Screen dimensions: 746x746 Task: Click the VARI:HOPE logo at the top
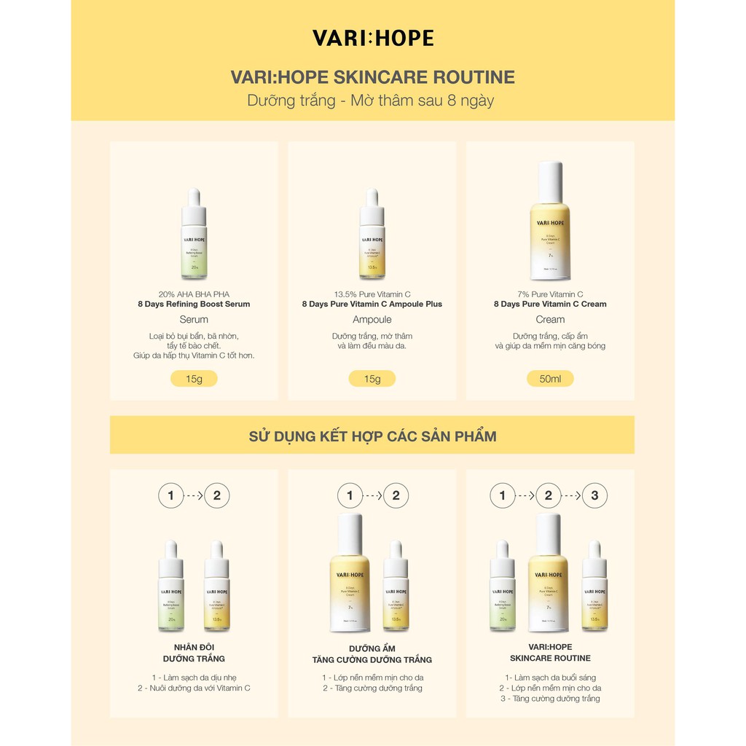[372, 39]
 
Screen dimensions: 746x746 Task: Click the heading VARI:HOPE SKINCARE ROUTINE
[372, 77]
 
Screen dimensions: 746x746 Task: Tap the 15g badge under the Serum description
[194, 379]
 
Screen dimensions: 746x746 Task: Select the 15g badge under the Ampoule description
[372, 379]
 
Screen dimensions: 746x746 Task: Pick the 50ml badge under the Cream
[550, 379]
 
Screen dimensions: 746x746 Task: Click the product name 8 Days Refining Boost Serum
[194, 304]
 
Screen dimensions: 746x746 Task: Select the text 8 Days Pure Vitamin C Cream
[550, 304]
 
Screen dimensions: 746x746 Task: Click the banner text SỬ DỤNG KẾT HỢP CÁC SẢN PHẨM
[372, 436]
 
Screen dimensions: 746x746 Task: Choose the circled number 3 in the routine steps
[594, 497]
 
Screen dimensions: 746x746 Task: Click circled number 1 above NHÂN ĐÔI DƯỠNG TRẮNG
[170, 497]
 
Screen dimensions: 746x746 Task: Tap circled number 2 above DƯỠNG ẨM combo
[396, 497]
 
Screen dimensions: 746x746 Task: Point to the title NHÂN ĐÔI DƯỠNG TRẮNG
[194, 653]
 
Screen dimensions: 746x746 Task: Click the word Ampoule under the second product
[372, 319]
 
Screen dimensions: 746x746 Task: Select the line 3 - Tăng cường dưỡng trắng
[550, 699]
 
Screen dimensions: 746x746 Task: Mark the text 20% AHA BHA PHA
[194, 294]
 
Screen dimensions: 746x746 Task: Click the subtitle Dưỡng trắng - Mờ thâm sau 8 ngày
[371, 101]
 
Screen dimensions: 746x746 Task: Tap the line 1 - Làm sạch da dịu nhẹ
[194, 677]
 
